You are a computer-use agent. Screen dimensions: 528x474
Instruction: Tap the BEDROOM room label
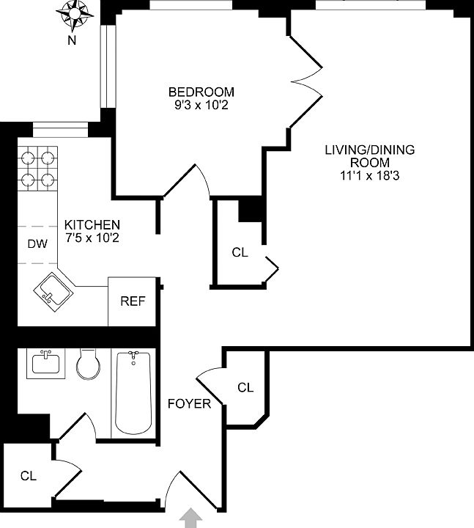[x=201, y=92]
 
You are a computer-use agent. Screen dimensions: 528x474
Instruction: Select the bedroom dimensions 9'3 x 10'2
[x=201, y=105]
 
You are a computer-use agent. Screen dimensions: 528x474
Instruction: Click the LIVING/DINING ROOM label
[x=370, y=156]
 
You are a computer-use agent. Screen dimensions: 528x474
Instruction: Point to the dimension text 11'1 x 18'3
[x=370, y=176]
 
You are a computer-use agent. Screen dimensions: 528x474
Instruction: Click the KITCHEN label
[x=92, y=224]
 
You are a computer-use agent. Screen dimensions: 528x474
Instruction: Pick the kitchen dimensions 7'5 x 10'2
[x=92, y=238]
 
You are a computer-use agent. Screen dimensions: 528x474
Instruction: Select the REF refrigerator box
[x=132, y=301]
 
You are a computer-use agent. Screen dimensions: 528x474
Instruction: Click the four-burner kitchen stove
[x=37, y=167]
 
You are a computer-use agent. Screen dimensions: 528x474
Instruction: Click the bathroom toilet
[x=89, y=364]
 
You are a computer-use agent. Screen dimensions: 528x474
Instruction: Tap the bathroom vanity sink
[x=45, y=363]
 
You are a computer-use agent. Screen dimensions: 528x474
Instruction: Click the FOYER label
[x=189, y=404]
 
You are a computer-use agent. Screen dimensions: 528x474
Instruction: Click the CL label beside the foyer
[x=245, y=387]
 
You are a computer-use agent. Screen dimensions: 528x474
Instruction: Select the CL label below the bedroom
[x=240, y=252]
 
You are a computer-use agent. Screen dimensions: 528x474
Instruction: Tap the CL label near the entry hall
[x=28, y=476]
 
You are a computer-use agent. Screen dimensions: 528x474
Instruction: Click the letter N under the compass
[x=72, y=41]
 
